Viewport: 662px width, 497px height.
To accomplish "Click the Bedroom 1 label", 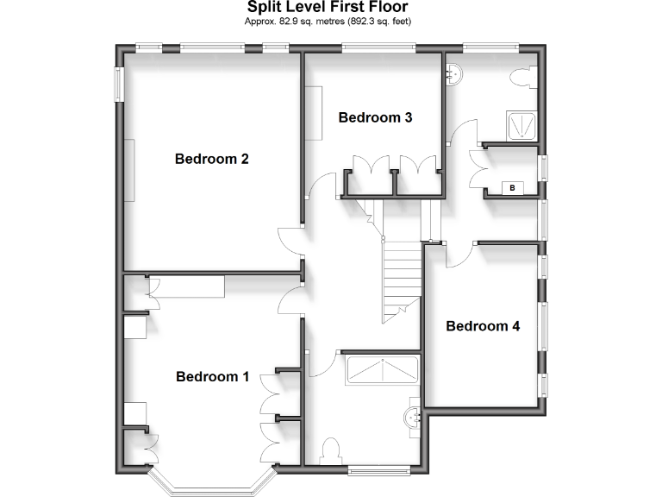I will point(212,376).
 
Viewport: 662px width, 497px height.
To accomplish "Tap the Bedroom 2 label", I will point(212,159).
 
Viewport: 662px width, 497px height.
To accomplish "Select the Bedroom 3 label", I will point(375,117).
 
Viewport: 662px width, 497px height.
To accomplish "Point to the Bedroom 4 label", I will point(483,326).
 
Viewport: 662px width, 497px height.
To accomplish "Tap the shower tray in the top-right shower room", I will point(521,126).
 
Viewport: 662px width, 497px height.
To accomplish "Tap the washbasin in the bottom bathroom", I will point(415,417).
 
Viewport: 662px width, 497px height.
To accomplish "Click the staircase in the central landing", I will point(399,276).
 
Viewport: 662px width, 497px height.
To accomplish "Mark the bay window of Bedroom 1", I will point(212,483).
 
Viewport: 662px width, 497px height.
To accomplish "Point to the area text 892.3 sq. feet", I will point(380,22).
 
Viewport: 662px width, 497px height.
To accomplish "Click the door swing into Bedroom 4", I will point(459,250).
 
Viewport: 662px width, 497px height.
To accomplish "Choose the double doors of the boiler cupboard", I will point(477,169).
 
